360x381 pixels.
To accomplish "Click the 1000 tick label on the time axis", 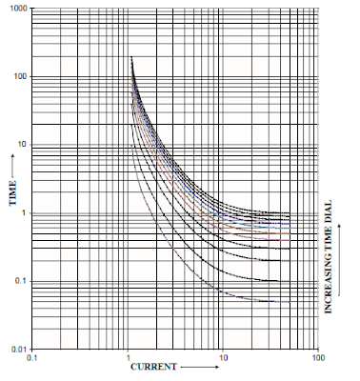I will [18, 9].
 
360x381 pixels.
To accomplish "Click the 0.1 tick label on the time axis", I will [21, 283].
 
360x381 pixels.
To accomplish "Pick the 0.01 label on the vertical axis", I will [19, 351].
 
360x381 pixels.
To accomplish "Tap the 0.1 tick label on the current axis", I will [34, 360].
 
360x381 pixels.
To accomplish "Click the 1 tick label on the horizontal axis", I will [130, 360].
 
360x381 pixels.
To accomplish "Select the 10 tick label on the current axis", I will [223, 360].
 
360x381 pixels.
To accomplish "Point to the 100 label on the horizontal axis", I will [317, 360].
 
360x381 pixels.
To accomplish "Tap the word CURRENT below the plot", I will [151, 367].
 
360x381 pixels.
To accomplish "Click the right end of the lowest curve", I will [289, 302].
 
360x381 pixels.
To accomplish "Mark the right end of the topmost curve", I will [289, 212].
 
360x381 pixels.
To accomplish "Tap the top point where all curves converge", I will [131, 59].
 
